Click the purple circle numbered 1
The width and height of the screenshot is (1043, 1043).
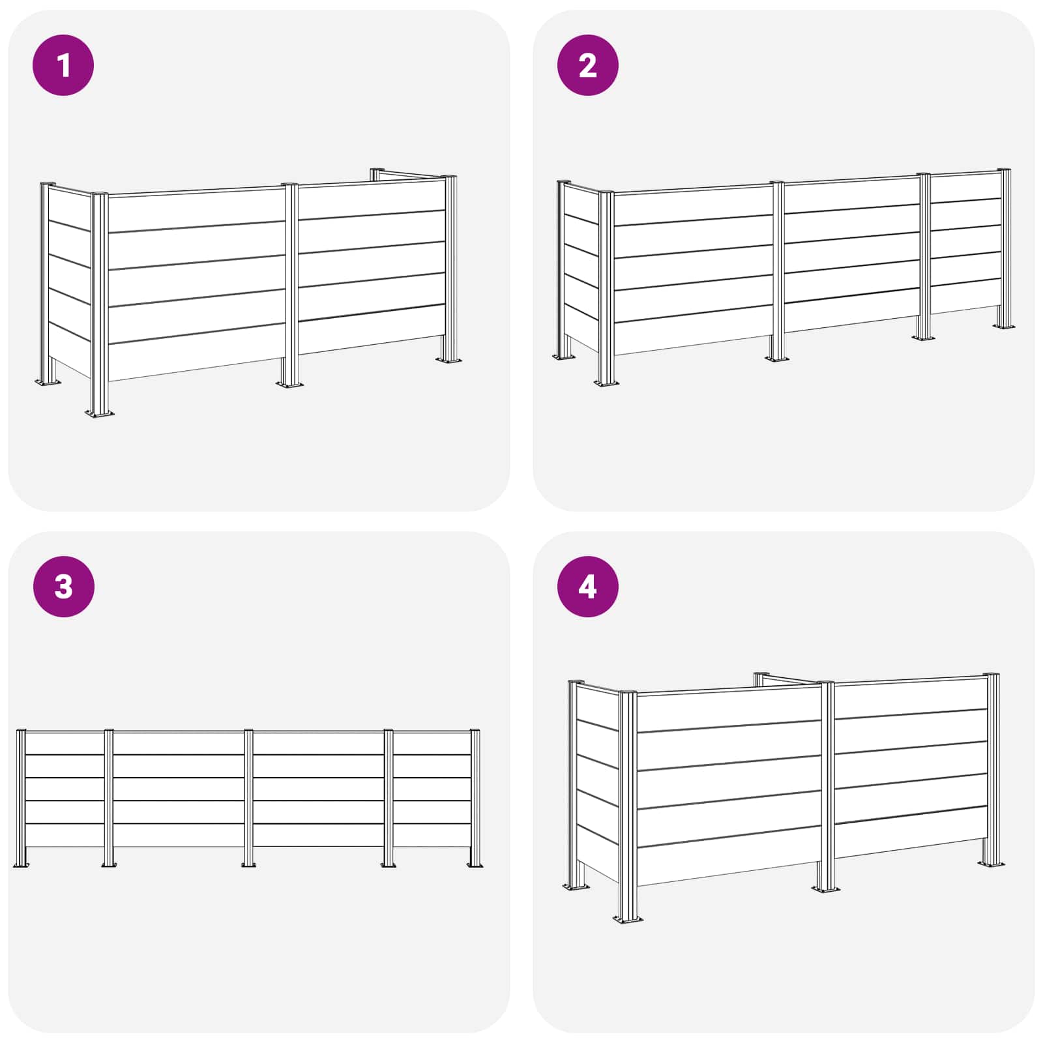[63, 65]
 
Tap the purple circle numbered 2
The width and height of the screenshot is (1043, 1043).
[587, 65]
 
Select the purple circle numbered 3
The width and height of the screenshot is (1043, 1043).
[63, 586]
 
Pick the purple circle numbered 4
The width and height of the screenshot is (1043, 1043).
[587, 586]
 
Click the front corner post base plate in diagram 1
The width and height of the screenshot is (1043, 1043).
[100, 413]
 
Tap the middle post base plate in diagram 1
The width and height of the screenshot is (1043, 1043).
[289, 384]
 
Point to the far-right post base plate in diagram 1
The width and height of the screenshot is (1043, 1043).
[448, 359]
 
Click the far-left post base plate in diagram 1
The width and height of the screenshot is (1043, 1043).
[47, 382]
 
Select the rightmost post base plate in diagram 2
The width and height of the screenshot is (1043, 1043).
[1003, 326]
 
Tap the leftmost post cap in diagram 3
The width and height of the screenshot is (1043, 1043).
[21, 731]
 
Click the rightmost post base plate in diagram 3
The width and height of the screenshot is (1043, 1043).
[475, 864]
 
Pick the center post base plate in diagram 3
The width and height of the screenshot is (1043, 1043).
[248, 864]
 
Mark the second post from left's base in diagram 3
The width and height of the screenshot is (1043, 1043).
[108, 864]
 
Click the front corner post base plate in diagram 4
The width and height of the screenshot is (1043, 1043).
[627, 919]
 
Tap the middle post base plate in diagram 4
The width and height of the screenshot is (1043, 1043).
[825, 889]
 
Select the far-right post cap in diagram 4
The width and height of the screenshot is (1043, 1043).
[992, 675]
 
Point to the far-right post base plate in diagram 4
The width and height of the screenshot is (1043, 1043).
[991, 864]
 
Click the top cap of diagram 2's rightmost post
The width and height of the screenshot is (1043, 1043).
[1006, 171]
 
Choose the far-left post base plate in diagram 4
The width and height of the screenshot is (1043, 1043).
[576, 887]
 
